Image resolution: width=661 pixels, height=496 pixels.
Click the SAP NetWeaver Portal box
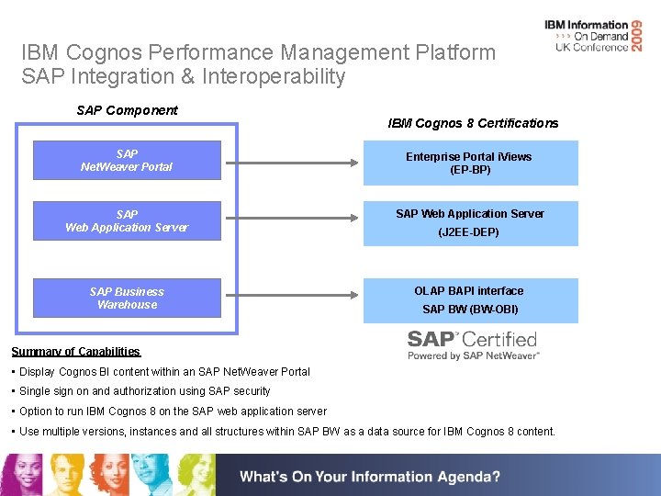coord(127,160)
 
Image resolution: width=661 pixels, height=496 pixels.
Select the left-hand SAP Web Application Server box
coord(127,220)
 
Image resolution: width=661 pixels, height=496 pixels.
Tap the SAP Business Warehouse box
coord(127,298)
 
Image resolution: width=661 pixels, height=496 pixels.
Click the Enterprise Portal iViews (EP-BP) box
coord(470,163)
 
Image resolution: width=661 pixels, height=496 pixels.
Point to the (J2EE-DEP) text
coord(469,232)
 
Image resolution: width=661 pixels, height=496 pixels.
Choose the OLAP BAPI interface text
coord(469,290)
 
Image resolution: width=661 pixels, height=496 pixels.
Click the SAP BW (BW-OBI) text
coord(470,310)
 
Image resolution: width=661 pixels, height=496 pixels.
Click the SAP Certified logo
coord(473,344)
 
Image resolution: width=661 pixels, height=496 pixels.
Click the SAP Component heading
coord(127,110)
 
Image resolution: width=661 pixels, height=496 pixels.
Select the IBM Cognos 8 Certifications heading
coord(473,123)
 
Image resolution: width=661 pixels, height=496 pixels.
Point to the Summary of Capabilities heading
coord(75,352)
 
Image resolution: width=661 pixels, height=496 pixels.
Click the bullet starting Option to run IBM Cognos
coord(169,411)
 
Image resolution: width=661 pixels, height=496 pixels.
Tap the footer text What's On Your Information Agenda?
coord(370,477)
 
